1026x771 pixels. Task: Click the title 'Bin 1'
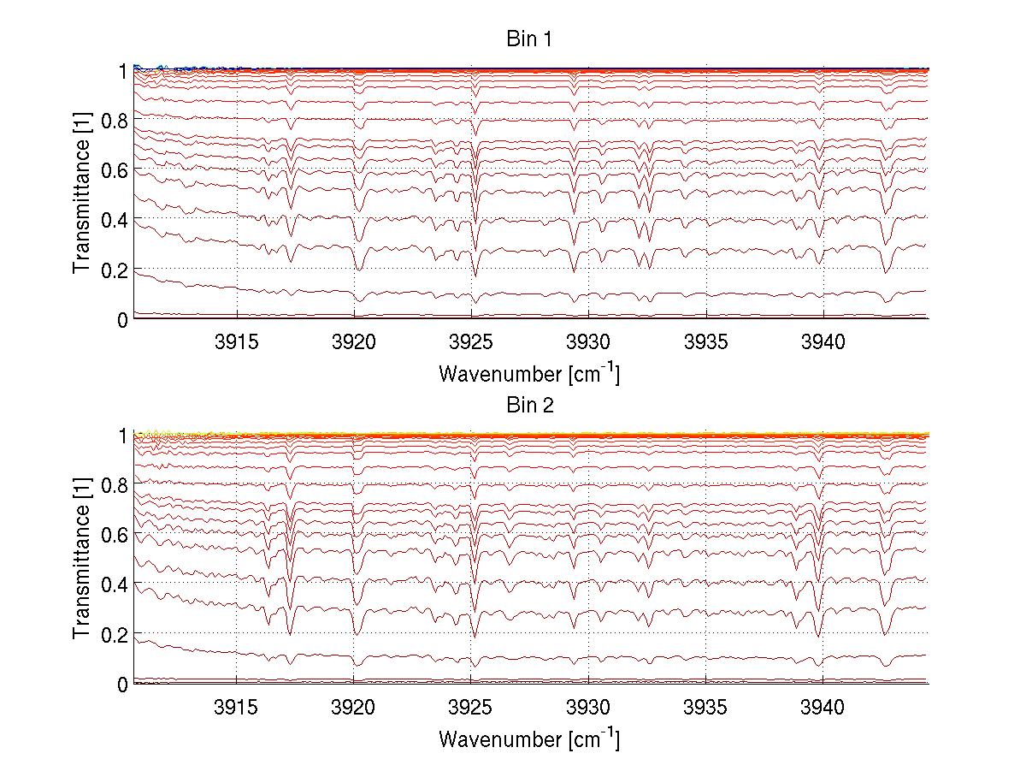point(530,40)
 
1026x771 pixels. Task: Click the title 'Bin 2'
point(530,406)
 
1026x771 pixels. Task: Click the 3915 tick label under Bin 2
point(236,709)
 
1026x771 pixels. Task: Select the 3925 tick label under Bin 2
point(471,709)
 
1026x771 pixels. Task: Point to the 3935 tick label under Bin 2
point(706,709)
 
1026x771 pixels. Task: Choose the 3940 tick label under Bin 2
point(823,709)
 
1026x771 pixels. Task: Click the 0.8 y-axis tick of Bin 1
point(114,120)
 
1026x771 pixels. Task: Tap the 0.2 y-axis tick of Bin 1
point(114,269)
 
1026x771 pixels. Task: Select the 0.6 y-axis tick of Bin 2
point(114,535)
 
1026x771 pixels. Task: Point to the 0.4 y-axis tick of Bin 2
point(114,584)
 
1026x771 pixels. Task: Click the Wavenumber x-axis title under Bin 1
point(529,374)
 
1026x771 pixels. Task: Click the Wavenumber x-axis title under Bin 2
point(529,739)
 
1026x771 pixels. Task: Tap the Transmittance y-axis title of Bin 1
point(81,194)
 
